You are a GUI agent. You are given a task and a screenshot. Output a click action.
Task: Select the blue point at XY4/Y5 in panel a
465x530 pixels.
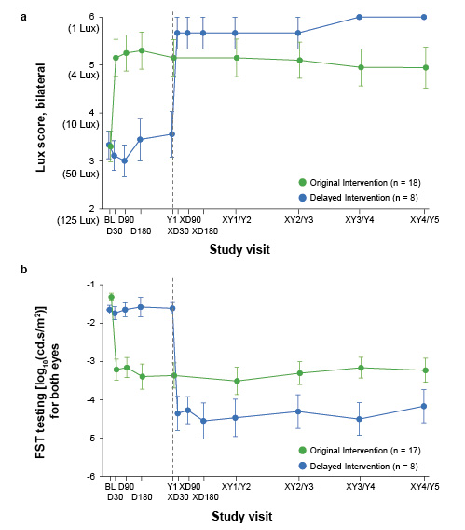click(425, 17)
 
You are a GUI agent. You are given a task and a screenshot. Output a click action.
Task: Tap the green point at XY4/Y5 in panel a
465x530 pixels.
click(425, 67)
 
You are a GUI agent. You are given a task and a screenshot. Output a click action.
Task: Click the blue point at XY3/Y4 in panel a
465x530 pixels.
click(361, 17)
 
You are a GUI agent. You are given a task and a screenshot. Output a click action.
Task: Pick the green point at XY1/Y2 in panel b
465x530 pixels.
click(235, 381)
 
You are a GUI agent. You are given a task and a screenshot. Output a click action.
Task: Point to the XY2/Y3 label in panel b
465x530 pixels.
click(298, 487)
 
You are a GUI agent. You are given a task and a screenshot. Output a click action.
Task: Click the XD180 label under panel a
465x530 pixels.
click(205, 231)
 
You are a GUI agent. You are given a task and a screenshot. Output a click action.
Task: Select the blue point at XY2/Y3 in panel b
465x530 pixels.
click(298, 411)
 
